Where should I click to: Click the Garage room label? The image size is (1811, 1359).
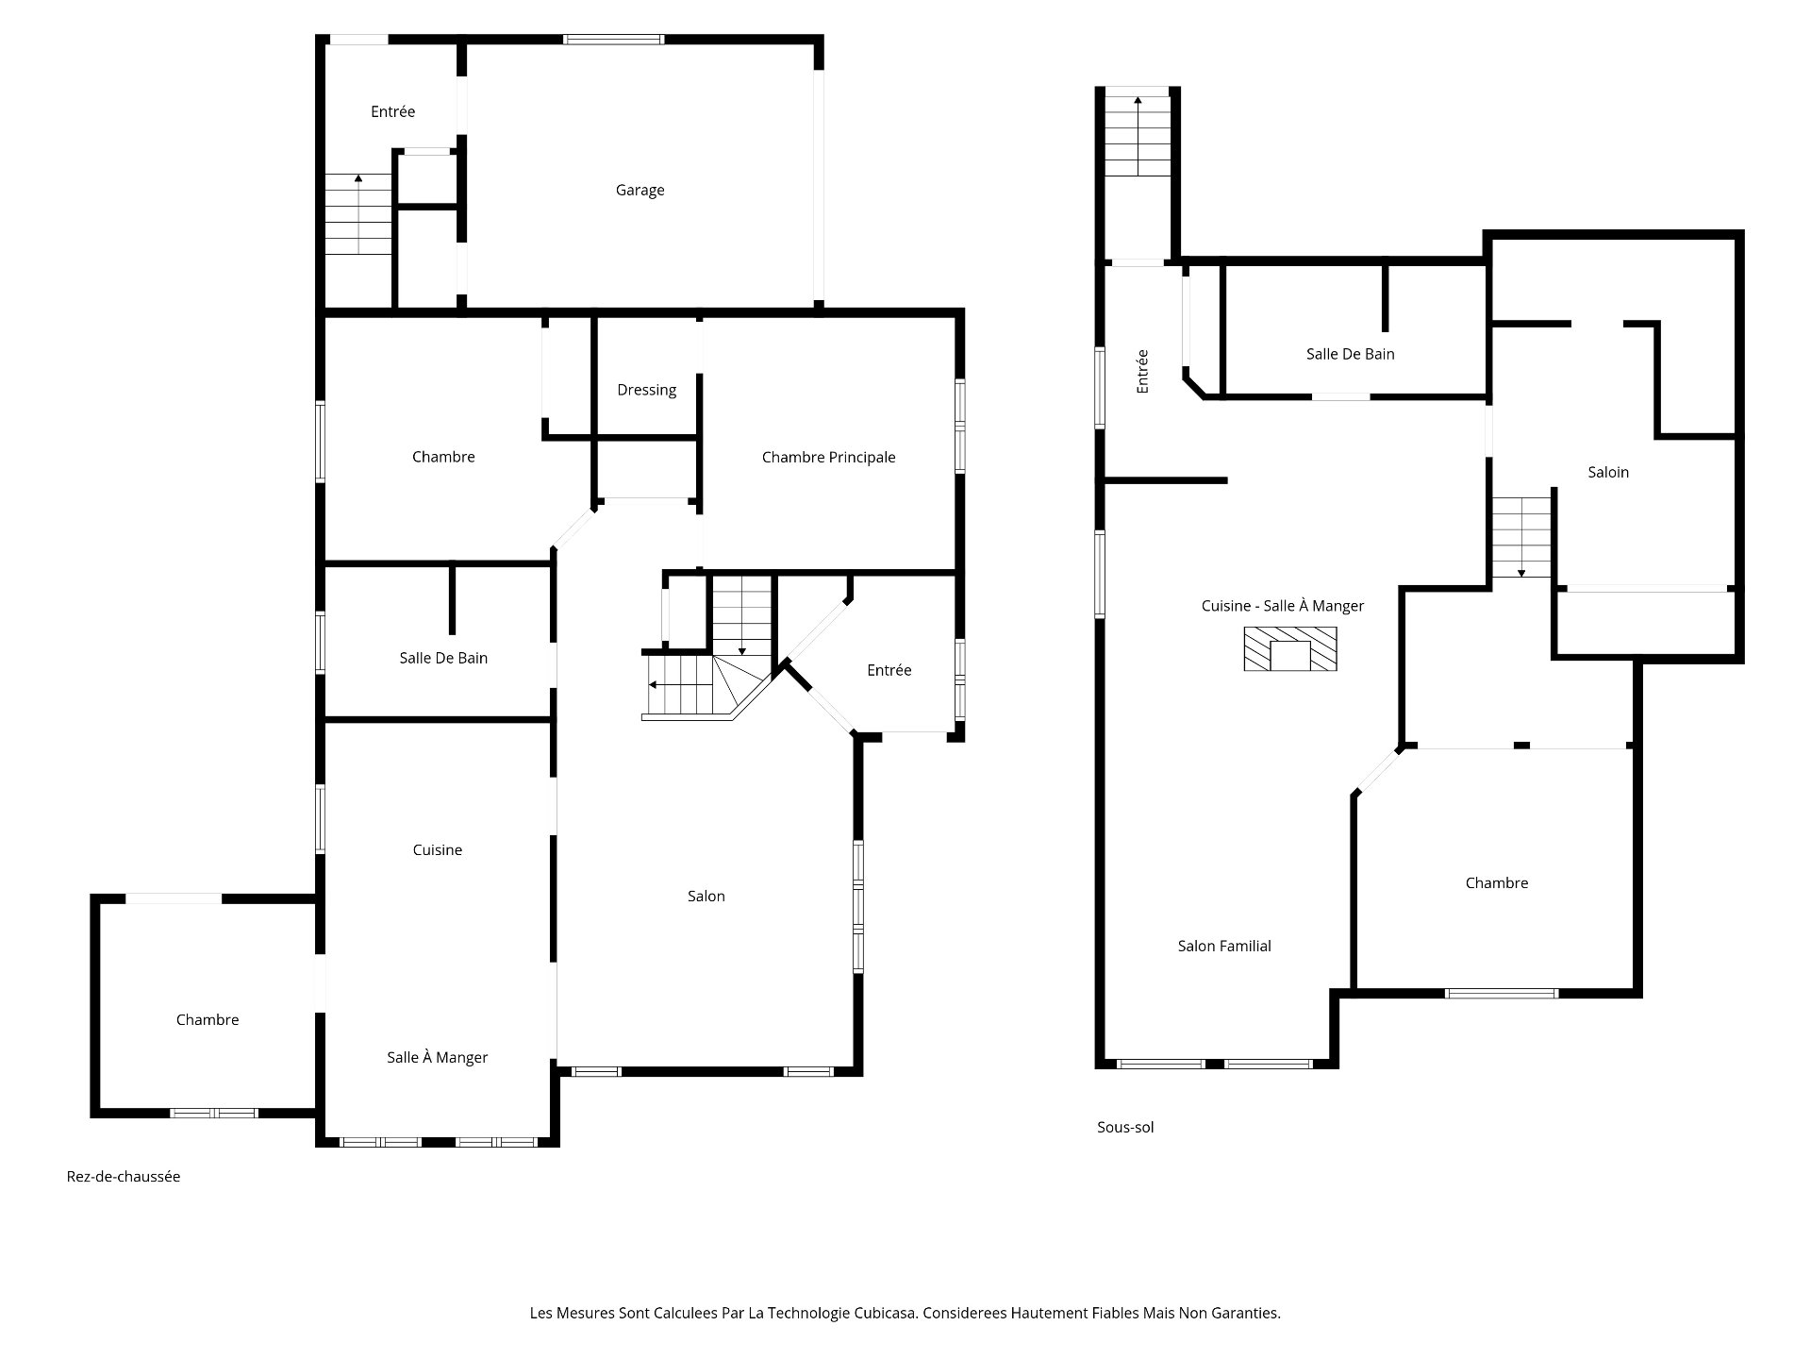point(640,191)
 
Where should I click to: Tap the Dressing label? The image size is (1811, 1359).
point(646,391)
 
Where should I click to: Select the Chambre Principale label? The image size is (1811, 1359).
point(828,458)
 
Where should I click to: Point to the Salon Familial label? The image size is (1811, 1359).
point(1224,946)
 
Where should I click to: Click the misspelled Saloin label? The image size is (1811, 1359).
point(1608,472)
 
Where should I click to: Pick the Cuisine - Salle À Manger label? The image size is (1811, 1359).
point(1283,606)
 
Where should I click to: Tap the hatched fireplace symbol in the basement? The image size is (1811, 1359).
point(1290,649)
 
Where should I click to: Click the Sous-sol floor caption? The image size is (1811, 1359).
point(1125,1127)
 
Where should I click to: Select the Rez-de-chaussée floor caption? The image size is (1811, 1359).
point(124,1177)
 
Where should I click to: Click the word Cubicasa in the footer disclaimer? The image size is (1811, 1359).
point(887,1313)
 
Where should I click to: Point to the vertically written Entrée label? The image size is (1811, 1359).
point(1142,371)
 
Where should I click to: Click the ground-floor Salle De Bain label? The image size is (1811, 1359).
point(443,658)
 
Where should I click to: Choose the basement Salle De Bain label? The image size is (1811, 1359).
point(1350,354)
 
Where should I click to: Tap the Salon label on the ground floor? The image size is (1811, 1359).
point(706,897)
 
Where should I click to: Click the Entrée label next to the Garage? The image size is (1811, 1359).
point(392,111)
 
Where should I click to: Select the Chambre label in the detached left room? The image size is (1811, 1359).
point(208,1020)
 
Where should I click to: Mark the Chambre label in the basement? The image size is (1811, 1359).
point(1497,883)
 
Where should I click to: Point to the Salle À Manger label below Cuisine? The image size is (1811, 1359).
point(437,1058)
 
